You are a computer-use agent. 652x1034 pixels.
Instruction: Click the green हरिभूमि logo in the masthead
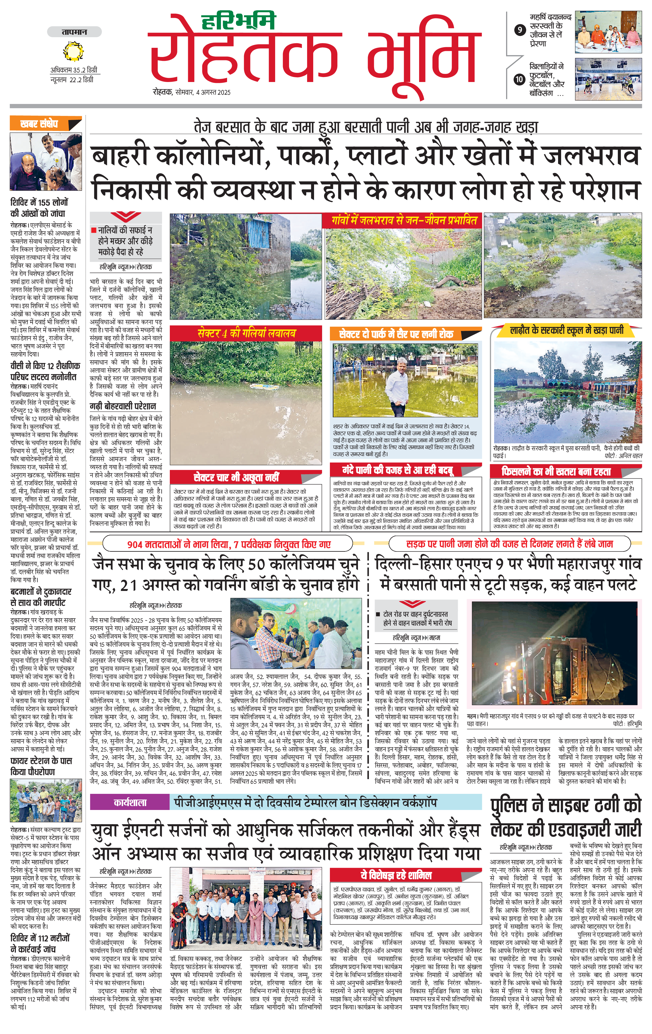click(238, 21)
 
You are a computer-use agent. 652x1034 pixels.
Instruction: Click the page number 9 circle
click(520, 30)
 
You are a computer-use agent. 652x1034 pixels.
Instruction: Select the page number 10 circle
click(520, 79)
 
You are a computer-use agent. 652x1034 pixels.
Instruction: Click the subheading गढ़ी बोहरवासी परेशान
click(122, 406)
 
